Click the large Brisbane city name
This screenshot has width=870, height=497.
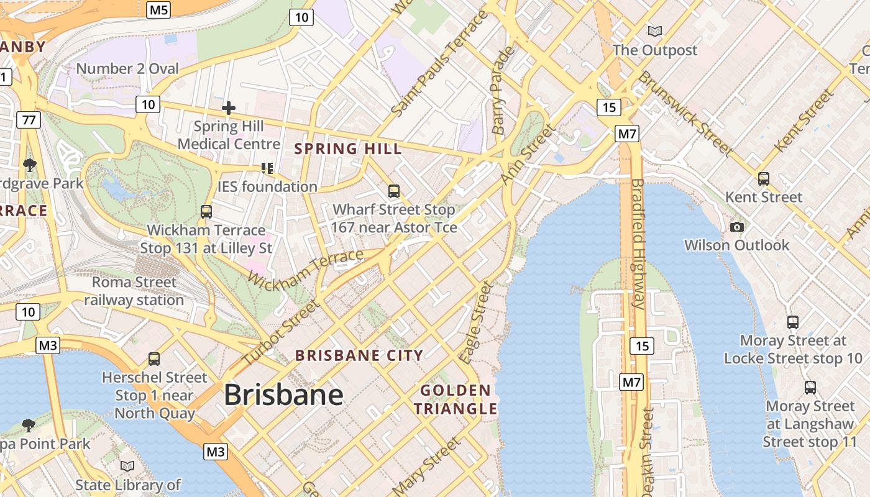pyautogui.click(x=283, y=395)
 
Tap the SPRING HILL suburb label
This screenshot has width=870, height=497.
pyautogui.click(x=348, y=149)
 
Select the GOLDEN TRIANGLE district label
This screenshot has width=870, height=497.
pyautogui.click(x=456, y=399)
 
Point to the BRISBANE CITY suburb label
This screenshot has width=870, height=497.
pyautogui.click(x=359, y=355)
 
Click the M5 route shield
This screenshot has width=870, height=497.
pyautogui.click(x=158, y=9)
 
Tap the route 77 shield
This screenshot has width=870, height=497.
pyautogui.click(x=29, y=120)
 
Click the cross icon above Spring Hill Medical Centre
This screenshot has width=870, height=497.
pyautogui.click(x=229, y=108)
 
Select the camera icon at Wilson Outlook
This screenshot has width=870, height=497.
pyautogui.click(x=737, y=227)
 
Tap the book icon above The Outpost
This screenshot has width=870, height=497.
pyautogui.click(x=654, y=30)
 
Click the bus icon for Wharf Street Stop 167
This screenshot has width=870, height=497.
pyautogui.click(x=394, y=191)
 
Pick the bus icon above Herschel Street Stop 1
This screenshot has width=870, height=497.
pyautogui.click(x=154, y=358)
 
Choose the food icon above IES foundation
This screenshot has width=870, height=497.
pyautogui.click(x=267, y=168)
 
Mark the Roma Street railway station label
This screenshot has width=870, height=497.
pyautogui.click(x=134, y=291)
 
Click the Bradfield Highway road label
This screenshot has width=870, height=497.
pyautogui.click(x=638, y=244)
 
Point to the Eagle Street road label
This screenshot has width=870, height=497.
pyautogui.click(x=475, y=323)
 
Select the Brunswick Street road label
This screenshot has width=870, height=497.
pyautogui.click(x=685, y=113)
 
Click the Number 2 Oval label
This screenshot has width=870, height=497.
pyautogui.click(x=127, y=68)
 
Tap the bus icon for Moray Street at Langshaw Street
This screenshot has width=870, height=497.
pyautogui.click(x=810, y=387)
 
